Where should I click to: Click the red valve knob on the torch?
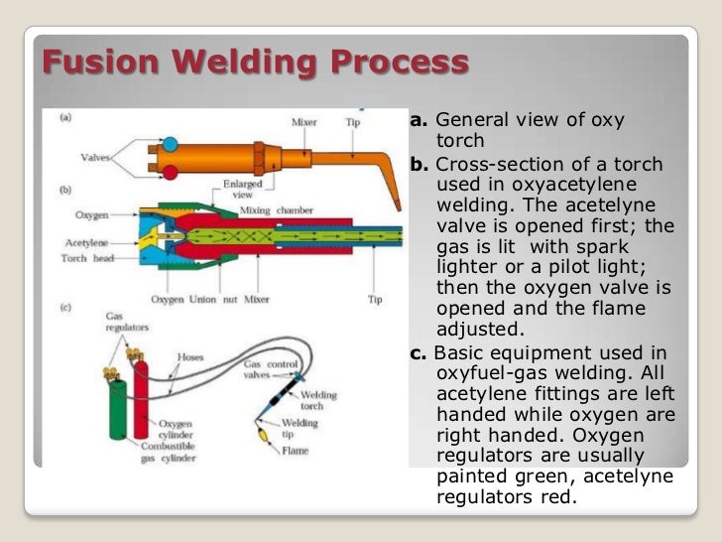click(x=171, y=173)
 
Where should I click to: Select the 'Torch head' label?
click(x=82, y=258)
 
